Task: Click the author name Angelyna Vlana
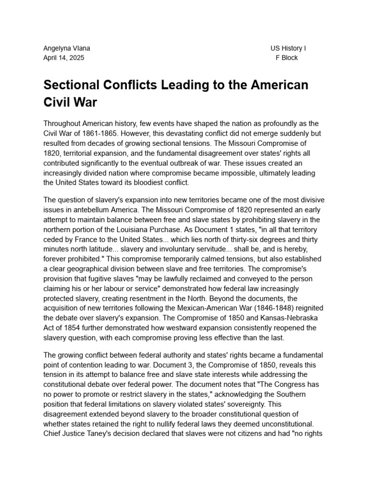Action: pyautogui.click(x=67, y=48)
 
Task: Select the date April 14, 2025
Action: pyautogui.click(x=63, y=58)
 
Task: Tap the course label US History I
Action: pyautogui.click(x=288, y=48)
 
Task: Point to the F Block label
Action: pyautogui.click(x=286, y=58)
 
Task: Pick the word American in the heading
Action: pyautogui.click(x=272, y=85)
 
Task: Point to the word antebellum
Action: pyautogui.click(x=92, y=210)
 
